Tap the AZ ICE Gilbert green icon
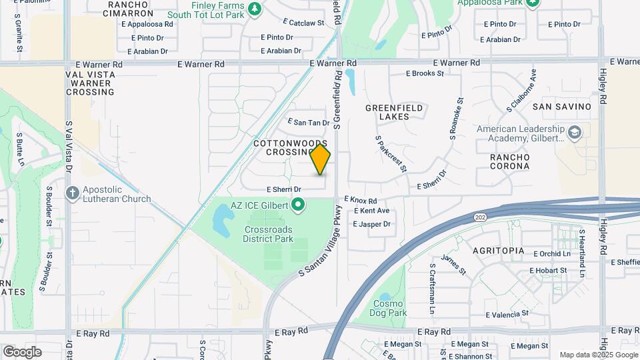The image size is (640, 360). coord(299,205)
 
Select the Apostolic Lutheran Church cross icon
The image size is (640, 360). coord(73,193)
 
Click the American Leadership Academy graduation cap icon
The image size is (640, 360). coord(573,133)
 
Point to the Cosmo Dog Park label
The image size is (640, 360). coord(389,308)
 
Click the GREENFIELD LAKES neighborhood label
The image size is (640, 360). coord(387,111)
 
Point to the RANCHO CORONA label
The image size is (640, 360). coord(509,161)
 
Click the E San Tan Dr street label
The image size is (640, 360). coord(309,123)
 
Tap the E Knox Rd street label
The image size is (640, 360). coord(361,200)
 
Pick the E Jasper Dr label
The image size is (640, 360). coord(371,224)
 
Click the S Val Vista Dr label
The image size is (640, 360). coord(69,146)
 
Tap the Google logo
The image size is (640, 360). coord(22,352)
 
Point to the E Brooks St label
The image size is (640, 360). coord(425,73)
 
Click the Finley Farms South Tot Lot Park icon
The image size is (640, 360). coord(253,9)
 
